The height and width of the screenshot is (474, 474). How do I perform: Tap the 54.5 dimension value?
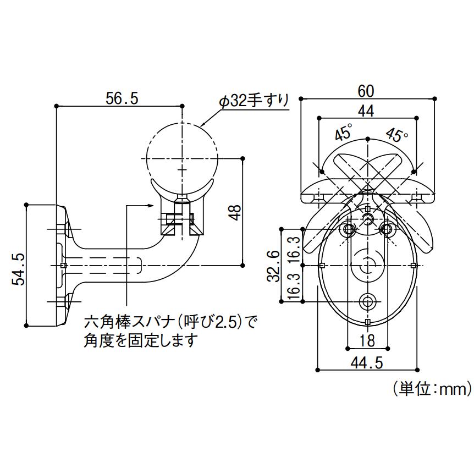(18, 269)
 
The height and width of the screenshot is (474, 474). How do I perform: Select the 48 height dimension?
(235, 213)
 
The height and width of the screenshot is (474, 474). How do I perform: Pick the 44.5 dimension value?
(367, 361)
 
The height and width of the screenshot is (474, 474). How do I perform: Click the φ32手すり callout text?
(253, 101)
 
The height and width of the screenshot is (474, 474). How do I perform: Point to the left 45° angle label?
(344, 132)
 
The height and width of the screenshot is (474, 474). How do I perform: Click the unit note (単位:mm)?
(432, 389)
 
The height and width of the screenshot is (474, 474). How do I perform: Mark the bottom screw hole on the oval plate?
(367, 301)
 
